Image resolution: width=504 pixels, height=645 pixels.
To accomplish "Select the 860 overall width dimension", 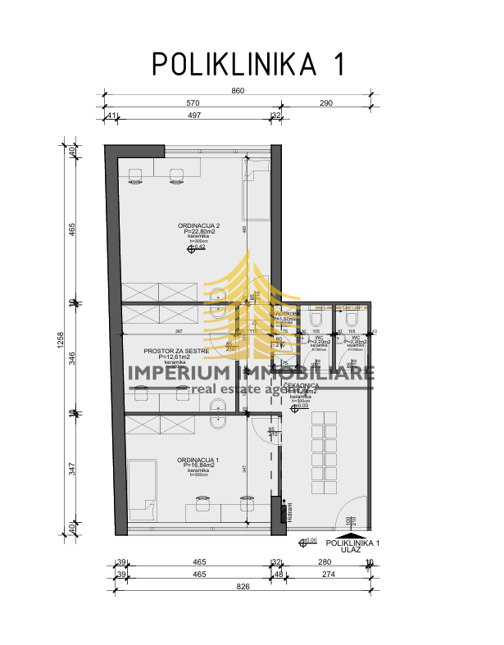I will click(x=238, y=91).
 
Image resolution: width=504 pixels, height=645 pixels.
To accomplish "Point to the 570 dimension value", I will click(x=193, y=103).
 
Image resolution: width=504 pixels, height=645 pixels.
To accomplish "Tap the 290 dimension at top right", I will click(x=326, y=103).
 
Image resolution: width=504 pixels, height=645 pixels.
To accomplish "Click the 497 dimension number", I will click(x=194, y=116).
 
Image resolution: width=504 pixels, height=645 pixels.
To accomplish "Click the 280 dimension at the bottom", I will click(x=325, y=563).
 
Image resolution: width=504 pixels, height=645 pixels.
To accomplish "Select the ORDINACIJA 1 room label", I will click(x=198, y=461).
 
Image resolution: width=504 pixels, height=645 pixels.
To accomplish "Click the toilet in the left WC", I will click(x=316, y=318).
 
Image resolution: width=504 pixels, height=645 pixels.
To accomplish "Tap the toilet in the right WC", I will click(x=353, y=318).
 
